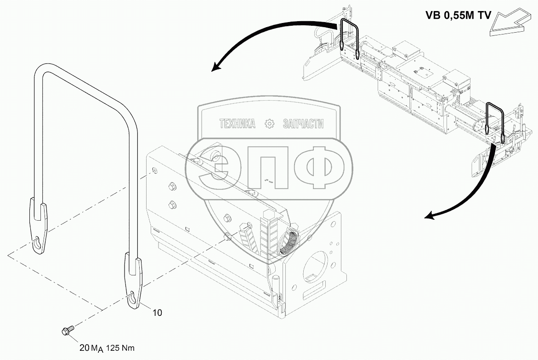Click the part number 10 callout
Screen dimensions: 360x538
tap(157, 313)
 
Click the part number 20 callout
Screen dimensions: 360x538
tap(84, 348)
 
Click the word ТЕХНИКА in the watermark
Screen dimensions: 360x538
tap(237, 124)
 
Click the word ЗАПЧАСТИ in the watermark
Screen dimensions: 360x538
tap(303, 124)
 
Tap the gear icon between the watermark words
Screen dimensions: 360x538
tap(270, 124)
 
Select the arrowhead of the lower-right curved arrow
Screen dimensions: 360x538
tap(429, 215)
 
